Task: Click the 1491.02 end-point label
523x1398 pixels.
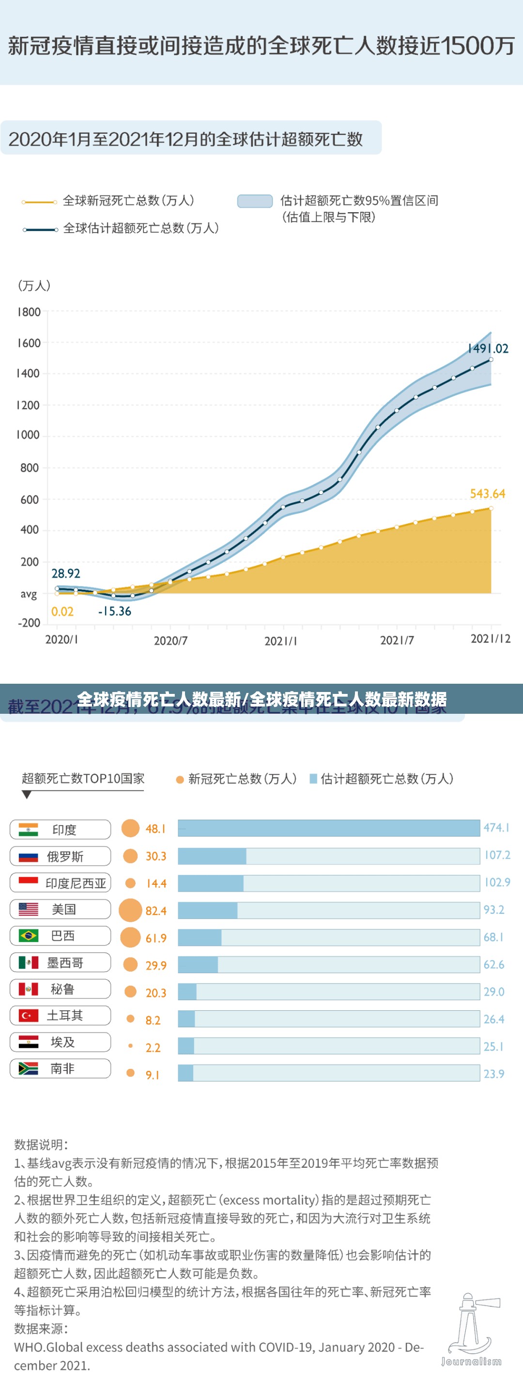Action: [x=488, y=348]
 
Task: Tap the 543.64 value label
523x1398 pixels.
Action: [x=487, y=494]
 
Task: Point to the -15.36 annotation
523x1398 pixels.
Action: [x=114, y=611]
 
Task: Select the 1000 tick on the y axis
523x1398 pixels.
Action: [x=28, y=435]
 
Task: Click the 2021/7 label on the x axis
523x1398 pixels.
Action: [x=397, y=641]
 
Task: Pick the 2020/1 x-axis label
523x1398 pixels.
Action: [x=62, y=639]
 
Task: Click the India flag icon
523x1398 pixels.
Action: [x=28, y=829]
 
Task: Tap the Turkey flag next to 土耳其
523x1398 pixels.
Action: [x=28, y=1015]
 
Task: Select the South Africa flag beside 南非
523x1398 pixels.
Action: [x=28, y=1068]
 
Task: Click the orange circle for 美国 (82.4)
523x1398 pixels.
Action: [x=130, y=910]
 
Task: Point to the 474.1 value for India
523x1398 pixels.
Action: [x=496, y=828]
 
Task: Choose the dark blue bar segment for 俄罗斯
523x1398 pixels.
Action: [x=212, y=856]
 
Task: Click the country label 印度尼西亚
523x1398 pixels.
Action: [x=76, y=883]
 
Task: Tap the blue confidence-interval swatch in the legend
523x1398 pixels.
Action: [x=254, y=201]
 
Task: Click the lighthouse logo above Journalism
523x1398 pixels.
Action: [x=470, y=1324]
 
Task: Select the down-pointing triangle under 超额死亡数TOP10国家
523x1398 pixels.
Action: [x=27, y=795]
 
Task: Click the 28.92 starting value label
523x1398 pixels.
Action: [x=66, y=573]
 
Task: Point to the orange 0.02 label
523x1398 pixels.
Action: [x=62, y=612]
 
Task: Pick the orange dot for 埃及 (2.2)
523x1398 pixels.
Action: [x=130, y=1045]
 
